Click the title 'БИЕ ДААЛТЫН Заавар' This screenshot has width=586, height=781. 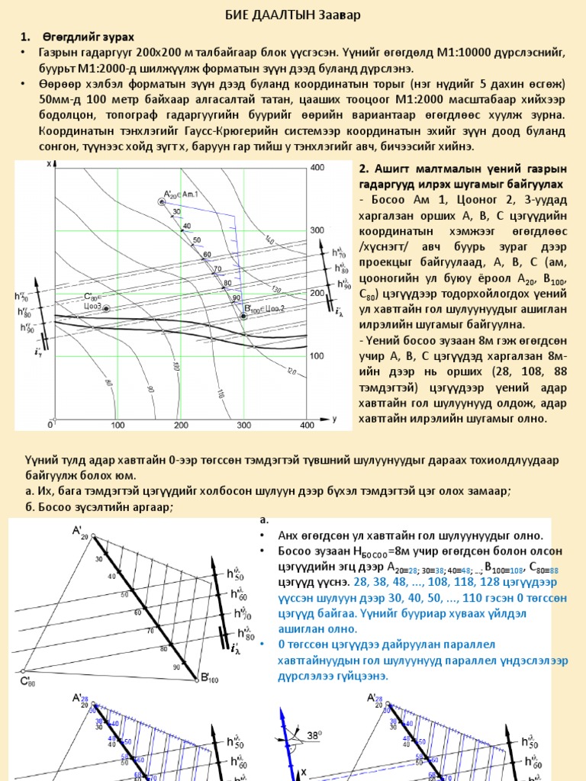[x=292, y=15]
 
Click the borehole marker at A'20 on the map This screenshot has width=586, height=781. [x=162, y=201]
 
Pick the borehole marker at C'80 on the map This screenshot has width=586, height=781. [x=107, y=308]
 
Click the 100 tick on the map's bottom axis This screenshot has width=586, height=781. [x=117, y=424]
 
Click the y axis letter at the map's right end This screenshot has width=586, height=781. [x=335, y=419]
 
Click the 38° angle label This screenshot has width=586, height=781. [x=314, y=736]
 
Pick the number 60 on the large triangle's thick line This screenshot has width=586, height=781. [x=138, y=612]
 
